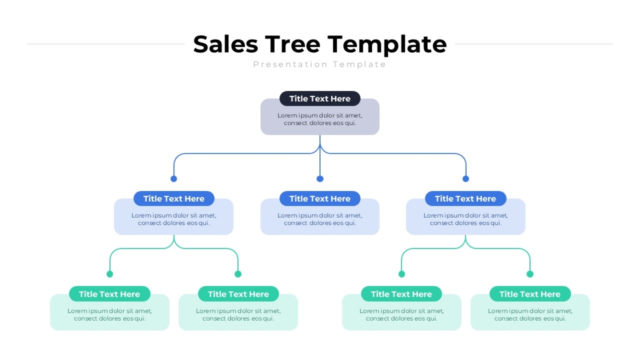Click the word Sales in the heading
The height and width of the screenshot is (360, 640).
(x=226, y=44)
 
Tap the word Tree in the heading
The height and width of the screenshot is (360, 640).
(x=293, y=44)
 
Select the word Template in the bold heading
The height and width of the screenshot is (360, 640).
(x=387, y=45)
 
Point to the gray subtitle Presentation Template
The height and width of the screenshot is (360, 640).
(x=319, y=65)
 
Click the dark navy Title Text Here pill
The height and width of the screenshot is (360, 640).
(x=319, y=99)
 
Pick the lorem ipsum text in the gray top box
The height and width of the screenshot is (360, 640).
(x=319, y=119)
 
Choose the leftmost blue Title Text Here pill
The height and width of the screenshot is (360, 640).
(x=174, y=198)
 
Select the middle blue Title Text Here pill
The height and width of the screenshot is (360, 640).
(x=319, y=198)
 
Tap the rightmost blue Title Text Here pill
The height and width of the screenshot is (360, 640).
(x=466, y=198)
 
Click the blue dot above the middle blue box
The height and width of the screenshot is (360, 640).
(x=320, y=179)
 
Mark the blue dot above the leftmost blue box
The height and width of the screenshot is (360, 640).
(x=174, y=179)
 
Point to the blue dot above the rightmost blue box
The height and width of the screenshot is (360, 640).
(x=466, y=179)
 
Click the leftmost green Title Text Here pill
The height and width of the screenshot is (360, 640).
(x=109, y=294)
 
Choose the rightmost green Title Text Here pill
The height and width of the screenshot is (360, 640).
(x=530, y=294)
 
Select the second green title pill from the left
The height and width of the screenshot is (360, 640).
(x=238, y=294)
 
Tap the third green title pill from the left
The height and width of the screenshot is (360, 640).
(x=402, y=294)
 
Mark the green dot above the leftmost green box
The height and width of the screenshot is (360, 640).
(x=110, y=274)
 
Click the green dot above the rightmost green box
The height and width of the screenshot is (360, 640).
(x=530, y=274)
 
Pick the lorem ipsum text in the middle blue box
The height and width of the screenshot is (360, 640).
(x=319, y=219)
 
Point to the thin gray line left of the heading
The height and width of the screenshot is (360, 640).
(x=106, y=44)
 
